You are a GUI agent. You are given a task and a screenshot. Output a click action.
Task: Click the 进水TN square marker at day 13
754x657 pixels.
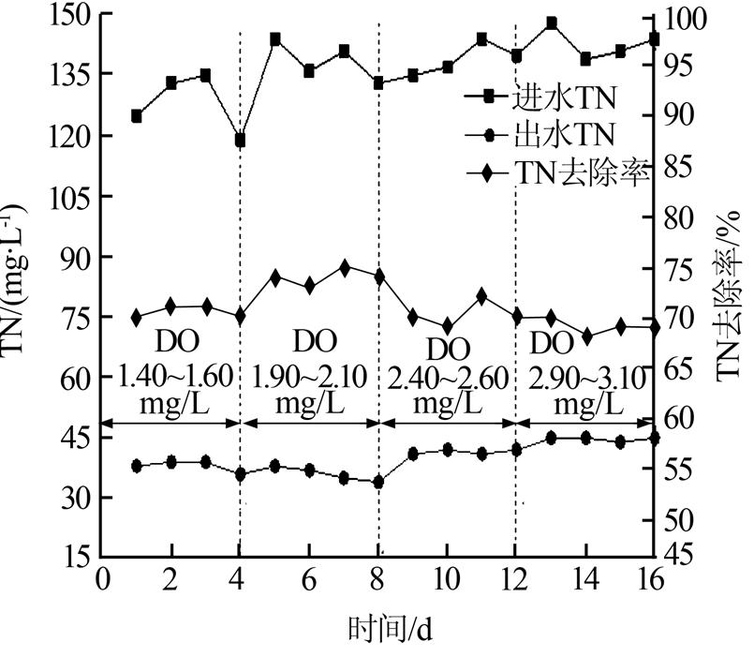(552, 22)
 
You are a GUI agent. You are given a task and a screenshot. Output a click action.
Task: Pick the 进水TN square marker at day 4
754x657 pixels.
(241, 141)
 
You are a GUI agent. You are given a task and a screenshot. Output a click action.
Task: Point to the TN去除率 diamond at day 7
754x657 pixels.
(345, 268)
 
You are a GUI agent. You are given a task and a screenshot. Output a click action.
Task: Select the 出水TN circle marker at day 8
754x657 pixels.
(378, 482)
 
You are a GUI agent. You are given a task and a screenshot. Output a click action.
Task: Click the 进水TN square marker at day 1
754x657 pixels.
(137, 116)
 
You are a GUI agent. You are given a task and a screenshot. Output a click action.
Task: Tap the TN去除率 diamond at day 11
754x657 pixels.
(481, 296)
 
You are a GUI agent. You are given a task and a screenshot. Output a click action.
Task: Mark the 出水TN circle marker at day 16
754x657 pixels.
(654, 438)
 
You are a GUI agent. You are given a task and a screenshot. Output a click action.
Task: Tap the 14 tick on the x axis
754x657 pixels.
(585, 578)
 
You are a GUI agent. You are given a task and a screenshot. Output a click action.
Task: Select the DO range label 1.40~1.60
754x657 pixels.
(174, 378)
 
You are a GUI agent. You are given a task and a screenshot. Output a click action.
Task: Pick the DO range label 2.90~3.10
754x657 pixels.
(588, 379)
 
